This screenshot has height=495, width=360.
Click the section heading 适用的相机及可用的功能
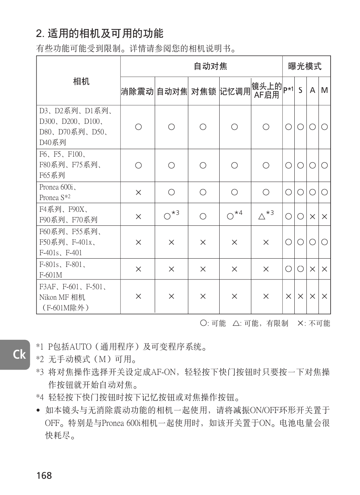(100, 34)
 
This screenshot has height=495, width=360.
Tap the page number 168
(44, 475)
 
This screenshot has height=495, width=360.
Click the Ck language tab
(19, 354)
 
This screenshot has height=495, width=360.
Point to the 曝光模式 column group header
(305, 66)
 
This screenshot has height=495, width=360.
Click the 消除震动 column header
(137, 91)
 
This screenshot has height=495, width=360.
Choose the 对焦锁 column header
(203, 91)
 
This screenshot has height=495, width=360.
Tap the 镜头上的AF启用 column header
(266, 91)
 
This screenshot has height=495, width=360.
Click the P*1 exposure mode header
(288, 90)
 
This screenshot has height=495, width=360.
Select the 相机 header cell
(81, 81)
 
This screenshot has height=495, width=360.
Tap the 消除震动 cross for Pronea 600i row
(138, 193)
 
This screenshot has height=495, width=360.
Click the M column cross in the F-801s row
(324, 269)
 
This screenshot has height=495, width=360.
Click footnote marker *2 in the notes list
(40, 359)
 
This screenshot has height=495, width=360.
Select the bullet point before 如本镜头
(38, 410)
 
